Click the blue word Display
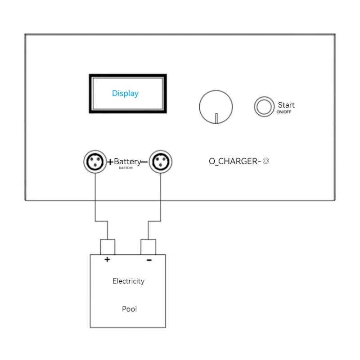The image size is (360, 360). click(x=125, y=94)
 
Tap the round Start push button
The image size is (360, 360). click(x=264, y=107)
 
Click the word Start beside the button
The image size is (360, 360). click(x=286, y=105)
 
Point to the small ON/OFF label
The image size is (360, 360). click(x=284, y=112)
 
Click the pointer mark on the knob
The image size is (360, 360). click(x=216, y=118)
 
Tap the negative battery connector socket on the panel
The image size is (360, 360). click(x=160, y=162)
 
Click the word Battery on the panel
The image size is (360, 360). click(x=127, y=162)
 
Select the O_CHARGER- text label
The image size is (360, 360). click(x=235, y=162)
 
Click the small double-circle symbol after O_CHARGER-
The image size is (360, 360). click(x=266, y=161)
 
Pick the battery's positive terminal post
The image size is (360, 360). click(x=107, y=247)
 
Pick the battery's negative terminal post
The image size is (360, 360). click(x=148, y=247)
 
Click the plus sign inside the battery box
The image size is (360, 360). click(x=107, y=260)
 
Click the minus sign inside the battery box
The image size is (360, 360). click(x=149, y=260)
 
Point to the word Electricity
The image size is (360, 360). click(x=128, y=281)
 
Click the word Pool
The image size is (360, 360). click(x=129, y=309)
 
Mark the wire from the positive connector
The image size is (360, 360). click(x=95, y=198)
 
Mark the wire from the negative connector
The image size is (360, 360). click(x=160, y=198)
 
